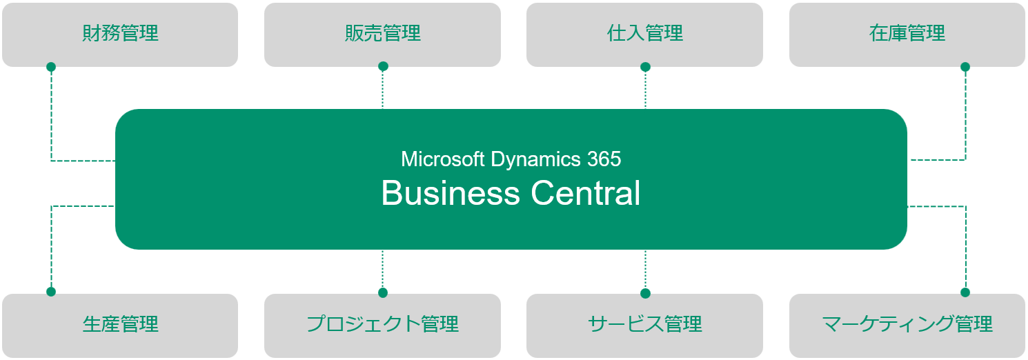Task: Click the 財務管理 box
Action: tap(120, 34)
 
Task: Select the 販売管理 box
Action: tap(382, 34)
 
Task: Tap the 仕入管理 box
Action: tap(644, 34)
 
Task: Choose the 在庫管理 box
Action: tap(907, 34)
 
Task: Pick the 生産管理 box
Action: tap(120, 324)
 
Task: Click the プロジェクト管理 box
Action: tap(382, 324)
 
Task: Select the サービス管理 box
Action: tap(644, 324)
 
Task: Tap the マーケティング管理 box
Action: tap(907, 324)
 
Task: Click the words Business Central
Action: tap(511, 193)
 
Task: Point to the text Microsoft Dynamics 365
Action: tap(511, 159)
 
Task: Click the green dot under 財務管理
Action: tap(50, 67)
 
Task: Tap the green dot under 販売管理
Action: tap(383, 66)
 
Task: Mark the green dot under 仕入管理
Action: tap(645, 67)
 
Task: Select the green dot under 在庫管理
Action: tap(965, 67)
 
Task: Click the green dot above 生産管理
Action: tap(50, 292)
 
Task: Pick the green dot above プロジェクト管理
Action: tap(383, 292)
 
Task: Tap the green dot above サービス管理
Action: tap(645, 293)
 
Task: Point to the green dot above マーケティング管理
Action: tap(965, 292)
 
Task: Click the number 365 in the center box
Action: tap(604, 159)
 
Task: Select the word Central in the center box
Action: tap(586, 193)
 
